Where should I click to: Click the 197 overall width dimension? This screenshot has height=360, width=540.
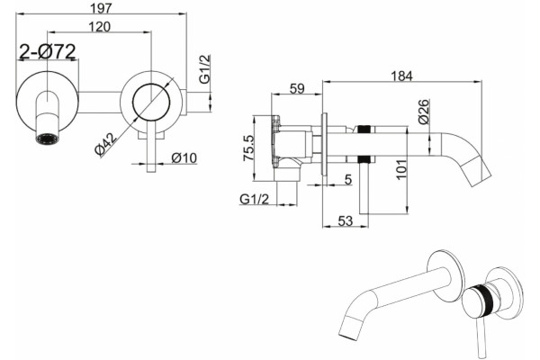[101, 7]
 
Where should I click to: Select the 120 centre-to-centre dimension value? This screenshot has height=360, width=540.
[100, 26]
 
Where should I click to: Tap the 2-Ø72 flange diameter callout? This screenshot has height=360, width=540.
[47, 51]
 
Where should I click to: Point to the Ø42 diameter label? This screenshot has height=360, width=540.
[106, 144]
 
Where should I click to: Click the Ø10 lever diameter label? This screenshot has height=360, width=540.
[184, 158]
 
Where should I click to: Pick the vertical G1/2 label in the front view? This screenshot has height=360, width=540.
[204, 69]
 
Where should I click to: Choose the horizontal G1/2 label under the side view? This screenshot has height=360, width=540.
[254, 199]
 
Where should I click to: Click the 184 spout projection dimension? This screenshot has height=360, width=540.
[402, 76]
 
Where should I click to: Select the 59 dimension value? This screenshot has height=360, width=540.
[297, 88]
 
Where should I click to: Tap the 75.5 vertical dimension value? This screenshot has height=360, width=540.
[248, 148]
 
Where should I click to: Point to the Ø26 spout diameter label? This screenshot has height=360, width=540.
[424, 112]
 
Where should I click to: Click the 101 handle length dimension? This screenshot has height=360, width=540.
[401, 169]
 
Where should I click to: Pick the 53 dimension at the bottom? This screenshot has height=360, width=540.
[345, 220]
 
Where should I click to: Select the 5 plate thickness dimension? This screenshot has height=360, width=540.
[348, 179]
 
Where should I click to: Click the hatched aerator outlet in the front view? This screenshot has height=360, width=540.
[48, 139]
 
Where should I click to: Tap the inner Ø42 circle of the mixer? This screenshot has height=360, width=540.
[151, 102]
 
